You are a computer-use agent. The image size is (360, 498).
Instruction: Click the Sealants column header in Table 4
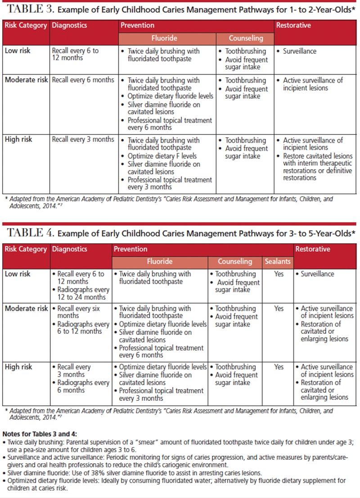tap(278, 261)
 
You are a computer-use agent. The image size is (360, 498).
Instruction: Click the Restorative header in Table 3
tap(293, 26)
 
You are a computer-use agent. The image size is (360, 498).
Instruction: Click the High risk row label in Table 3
tap(18, 139)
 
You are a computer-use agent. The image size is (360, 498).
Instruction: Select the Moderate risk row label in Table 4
tap(26, 309)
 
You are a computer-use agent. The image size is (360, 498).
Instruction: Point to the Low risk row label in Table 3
tap(18, 51)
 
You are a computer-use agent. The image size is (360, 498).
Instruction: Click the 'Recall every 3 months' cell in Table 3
tap(83, 139)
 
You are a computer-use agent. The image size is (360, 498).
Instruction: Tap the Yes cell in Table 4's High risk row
tap(279, 367)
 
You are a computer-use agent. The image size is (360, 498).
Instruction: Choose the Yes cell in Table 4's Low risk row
tap(279, 274)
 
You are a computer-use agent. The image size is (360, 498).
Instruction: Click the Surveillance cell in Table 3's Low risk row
tap(300, 51)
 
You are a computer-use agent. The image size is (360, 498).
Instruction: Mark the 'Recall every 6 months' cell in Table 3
tap(83, 80)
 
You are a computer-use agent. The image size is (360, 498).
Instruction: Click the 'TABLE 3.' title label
tap(29, 9)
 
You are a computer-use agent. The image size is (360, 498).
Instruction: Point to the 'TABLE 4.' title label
tap(29, 233)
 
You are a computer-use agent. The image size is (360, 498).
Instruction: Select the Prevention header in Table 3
tap(137, 26)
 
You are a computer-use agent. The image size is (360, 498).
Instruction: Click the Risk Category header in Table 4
tap(26, 249)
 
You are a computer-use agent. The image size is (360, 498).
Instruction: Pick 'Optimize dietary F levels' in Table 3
tap(162, 156)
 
